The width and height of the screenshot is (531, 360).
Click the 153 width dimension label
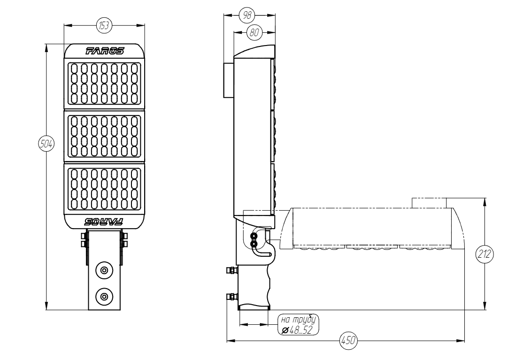click(x=104, y=25)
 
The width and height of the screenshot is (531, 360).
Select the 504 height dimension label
click(x=46, y=144)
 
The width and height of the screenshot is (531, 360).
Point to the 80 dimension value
click(x=254, y=32)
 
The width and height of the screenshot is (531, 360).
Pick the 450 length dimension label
click(x=348, y=340)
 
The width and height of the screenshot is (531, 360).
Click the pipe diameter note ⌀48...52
click(x=297, y=330)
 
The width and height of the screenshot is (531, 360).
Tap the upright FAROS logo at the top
click(x=105, y=51)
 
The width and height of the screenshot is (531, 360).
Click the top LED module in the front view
click(x=104, y=84)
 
